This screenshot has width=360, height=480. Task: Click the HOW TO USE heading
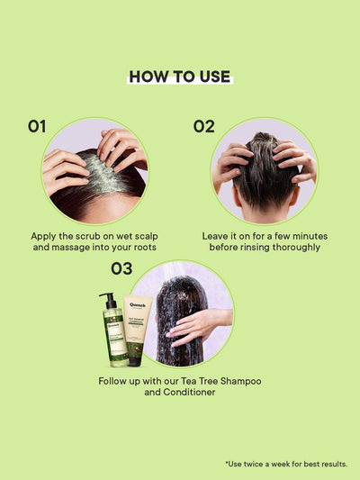(179, 77)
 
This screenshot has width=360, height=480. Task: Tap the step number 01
(36, 126)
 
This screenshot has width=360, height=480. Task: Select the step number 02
(204, 126)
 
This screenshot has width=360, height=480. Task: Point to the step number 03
(121, 268)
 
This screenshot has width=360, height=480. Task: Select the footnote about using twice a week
(286, 464)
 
